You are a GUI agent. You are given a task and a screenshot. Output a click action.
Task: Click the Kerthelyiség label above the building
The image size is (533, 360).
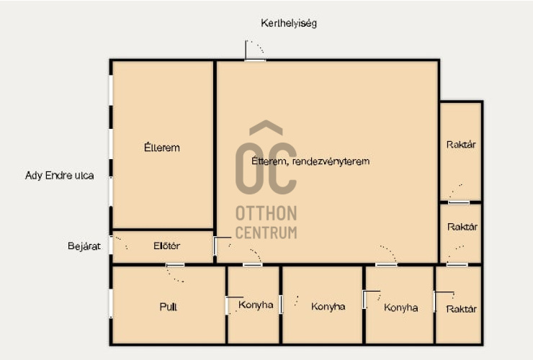pyautogui.click(x=289, y=24)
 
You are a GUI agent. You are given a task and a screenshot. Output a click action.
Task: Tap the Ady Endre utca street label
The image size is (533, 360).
pyautogui.click(x=60, y=176)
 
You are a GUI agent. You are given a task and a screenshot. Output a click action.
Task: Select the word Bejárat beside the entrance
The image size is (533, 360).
pyautogui.click(x=84, y=246)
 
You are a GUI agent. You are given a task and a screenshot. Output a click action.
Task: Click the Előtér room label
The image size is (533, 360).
pyautogui.click(x=166, y=246)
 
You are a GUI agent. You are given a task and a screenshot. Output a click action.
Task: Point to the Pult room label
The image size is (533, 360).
pyautogui.click(x=169, y=307)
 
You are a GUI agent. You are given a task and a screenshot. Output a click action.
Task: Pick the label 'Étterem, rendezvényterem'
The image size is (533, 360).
pyautogui.click(x=310, y=161)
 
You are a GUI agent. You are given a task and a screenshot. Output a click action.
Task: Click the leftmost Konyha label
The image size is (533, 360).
pyautogui.click(x=256, y=305)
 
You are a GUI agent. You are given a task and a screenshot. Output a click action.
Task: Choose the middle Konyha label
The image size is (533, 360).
pyautogui.click(x=328, y=307)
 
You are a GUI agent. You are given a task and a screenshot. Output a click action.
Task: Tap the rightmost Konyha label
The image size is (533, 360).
pyautogui.click(x=400, y=307)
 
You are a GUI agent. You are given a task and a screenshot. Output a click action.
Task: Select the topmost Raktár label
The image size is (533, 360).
pyautogui.click(x=461, y=145)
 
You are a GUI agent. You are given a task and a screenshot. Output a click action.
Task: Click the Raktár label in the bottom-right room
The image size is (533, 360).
pyautogui.click(x=461, y=309)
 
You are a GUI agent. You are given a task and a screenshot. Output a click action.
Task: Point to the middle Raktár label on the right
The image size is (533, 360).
pyautogui.click(x=462, y=227)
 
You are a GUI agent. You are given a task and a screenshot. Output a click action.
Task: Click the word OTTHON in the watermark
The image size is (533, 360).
pyautogui.click(x=266, y=214)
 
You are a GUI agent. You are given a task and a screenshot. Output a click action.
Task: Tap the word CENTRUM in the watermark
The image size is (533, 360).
pyautogui.click(x=266, y=233)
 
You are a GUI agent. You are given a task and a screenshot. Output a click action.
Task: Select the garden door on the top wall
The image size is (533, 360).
pyautogui.click(x=255, y=60)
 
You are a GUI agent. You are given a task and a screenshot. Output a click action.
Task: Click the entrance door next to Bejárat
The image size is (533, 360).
pyautogui.click(x=111, y=245)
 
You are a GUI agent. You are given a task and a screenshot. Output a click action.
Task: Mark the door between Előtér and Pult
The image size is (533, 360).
pyautogui.click(x=175, y=265)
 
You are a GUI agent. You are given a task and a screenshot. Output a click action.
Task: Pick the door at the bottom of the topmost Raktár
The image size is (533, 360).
pyautogui.click(x=459, y=202)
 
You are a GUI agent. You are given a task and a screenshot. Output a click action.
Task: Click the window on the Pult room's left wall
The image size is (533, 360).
pyautogui.click(x=111, y=303)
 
